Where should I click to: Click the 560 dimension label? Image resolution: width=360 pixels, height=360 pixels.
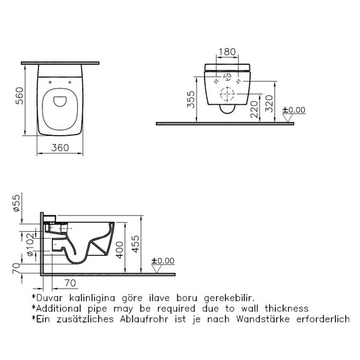click(20, 96)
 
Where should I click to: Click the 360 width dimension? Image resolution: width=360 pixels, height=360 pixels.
click(60, 148)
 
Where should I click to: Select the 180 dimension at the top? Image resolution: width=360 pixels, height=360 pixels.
click(227, 52)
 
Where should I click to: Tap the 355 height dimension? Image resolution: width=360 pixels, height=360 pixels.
click(191, 100)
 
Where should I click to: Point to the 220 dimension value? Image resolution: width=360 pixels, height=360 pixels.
click(254, 109)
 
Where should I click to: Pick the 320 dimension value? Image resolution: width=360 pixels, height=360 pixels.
click(269, 104)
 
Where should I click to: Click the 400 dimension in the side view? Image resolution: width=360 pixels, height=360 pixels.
click(120, 250)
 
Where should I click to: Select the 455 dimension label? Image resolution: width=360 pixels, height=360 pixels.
click(135, 244)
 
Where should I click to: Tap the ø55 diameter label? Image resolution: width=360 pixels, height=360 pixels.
click(16, 203)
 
